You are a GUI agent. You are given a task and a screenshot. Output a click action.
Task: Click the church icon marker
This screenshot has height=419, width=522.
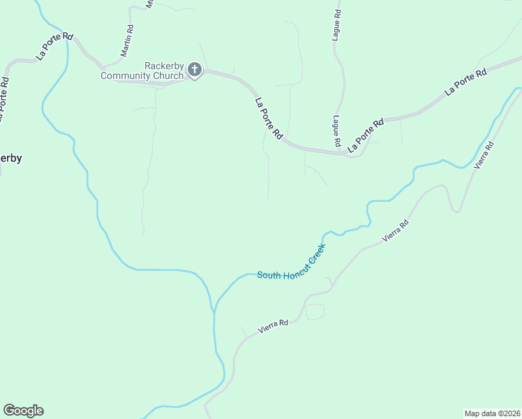point(194,70)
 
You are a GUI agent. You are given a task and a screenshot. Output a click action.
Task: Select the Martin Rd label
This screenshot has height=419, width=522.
point(126,41)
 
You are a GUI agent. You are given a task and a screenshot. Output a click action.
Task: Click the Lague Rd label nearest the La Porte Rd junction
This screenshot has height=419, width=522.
point(336,131)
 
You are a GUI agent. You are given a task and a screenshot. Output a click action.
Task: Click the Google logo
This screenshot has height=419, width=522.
point(23,411)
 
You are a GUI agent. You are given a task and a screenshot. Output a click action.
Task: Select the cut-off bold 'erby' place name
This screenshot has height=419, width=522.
point(10,158)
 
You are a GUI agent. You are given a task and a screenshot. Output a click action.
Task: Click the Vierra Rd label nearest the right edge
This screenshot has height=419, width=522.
point(484,155)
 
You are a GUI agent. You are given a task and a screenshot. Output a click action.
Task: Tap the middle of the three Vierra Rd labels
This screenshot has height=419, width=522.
point(395,231)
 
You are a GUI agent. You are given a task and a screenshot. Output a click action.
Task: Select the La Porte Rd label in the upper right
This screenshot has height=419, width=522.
point(465,82)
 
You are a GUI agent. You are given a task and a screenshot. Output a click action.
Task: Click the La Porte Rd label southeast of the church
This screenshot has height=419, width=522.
point(269,117)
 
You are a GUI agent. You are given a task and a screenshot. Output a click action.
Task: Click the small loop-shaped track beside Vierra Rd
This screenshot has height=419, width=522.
point(315,312)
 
